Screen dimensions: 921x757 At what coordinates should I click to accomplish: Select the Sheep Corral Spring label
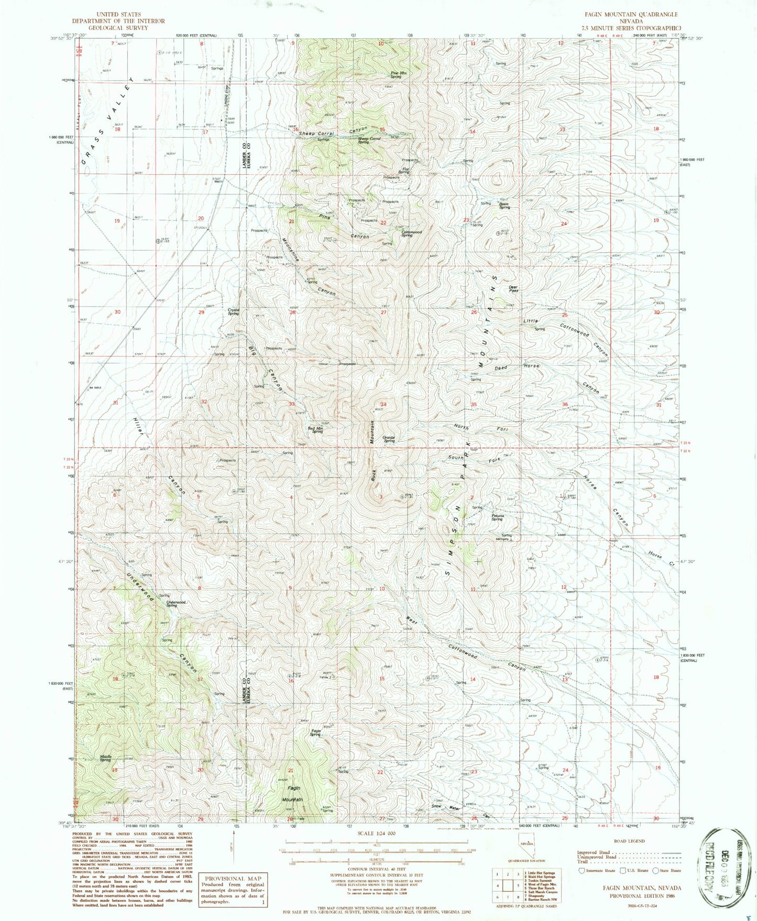pos(369,140)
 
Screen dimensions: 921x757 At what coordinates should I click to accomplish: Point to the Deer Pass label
pos(513,288)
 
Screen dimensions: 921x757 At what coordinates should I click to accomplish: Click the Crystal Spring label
pos(233,311)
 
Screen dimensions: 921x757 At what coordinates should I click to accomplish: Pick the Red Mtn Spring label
pos(315,430)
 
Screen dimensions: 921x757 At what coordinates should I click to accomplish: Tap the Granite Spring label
pos(389,439)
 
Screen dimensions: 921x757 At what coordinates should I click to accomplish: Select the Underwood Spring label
pos(175,604)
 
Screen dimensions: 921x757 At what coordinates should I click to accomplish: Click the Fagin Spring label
pos(315,733)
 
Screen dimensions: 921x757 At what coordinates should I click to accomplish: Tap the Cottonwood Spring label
pos(411,233)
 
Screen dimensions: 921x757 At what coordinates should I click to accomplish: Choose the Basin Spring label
pos(504,205)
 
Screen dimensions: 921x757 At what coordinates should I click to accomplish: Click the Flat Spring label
pos(405,170)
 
